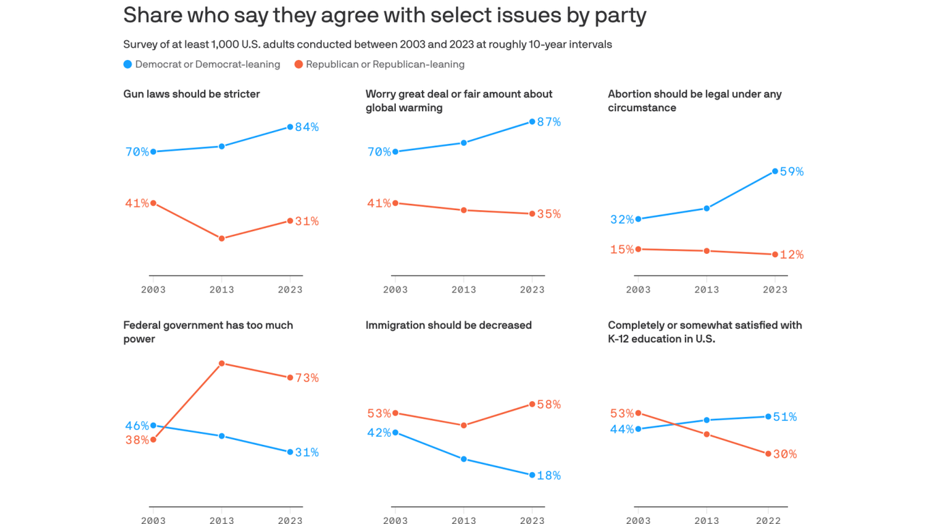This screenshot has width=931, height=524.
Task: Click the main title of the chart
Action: point(384,15)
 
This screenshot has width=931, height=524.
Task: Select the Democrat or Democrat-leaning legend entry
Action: point(202,64)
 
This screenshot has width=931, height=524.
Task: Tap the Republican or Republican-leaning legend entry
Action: point(380,64)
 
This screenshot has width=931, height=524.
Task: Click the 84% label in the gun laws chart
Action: point(307,127)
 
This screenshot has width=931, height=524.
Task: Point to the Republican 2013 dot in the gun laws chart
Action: point(222,238)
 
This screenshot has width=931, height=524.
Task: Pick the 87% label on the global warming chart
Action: point(549,121)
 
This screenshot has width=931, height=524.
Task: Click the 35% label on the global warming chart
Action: point(549,214)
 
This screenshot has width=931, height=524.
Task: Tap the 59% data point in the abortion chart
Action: point(775,171)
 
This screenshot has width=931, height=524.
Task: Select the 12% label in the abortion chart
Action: point(792,254)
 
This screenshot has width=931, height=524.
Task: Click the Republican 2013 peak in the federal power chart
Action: point(222,364)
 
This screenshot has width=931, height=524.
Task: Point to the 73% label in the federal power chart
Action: point(307,377)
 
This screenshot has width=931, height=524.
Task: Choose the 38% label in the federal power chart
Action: point(136,440)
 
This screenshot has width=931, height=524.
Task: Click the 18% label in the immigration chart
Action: point(549,476)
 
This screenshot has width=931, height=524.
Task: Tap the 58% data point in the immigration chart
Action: point(532,404)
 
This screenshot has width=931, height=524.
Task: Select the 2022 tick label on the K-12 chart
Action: point(768,520)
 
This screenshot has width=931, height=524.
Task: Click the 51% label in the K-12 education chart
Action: point(785,416)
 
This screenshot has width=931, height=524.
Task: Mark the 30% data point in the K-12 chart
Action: point(768,454)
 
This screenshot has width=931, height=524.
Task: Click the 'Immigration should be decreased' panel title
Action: point(448,325)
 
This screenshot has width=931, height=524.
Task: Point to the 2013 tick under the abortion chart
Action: point(707,289)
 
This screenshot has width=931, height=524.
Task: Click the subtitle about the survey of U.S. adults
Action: point(367,44)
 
